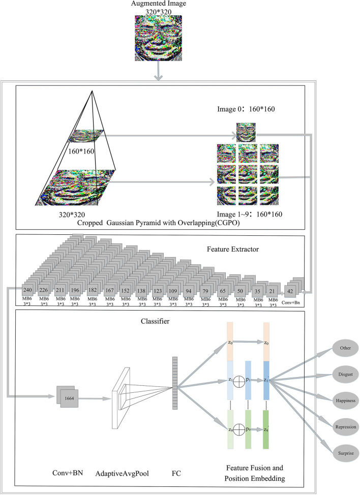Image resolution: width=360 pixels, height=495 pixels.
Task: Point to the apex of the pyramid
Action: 93,91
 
